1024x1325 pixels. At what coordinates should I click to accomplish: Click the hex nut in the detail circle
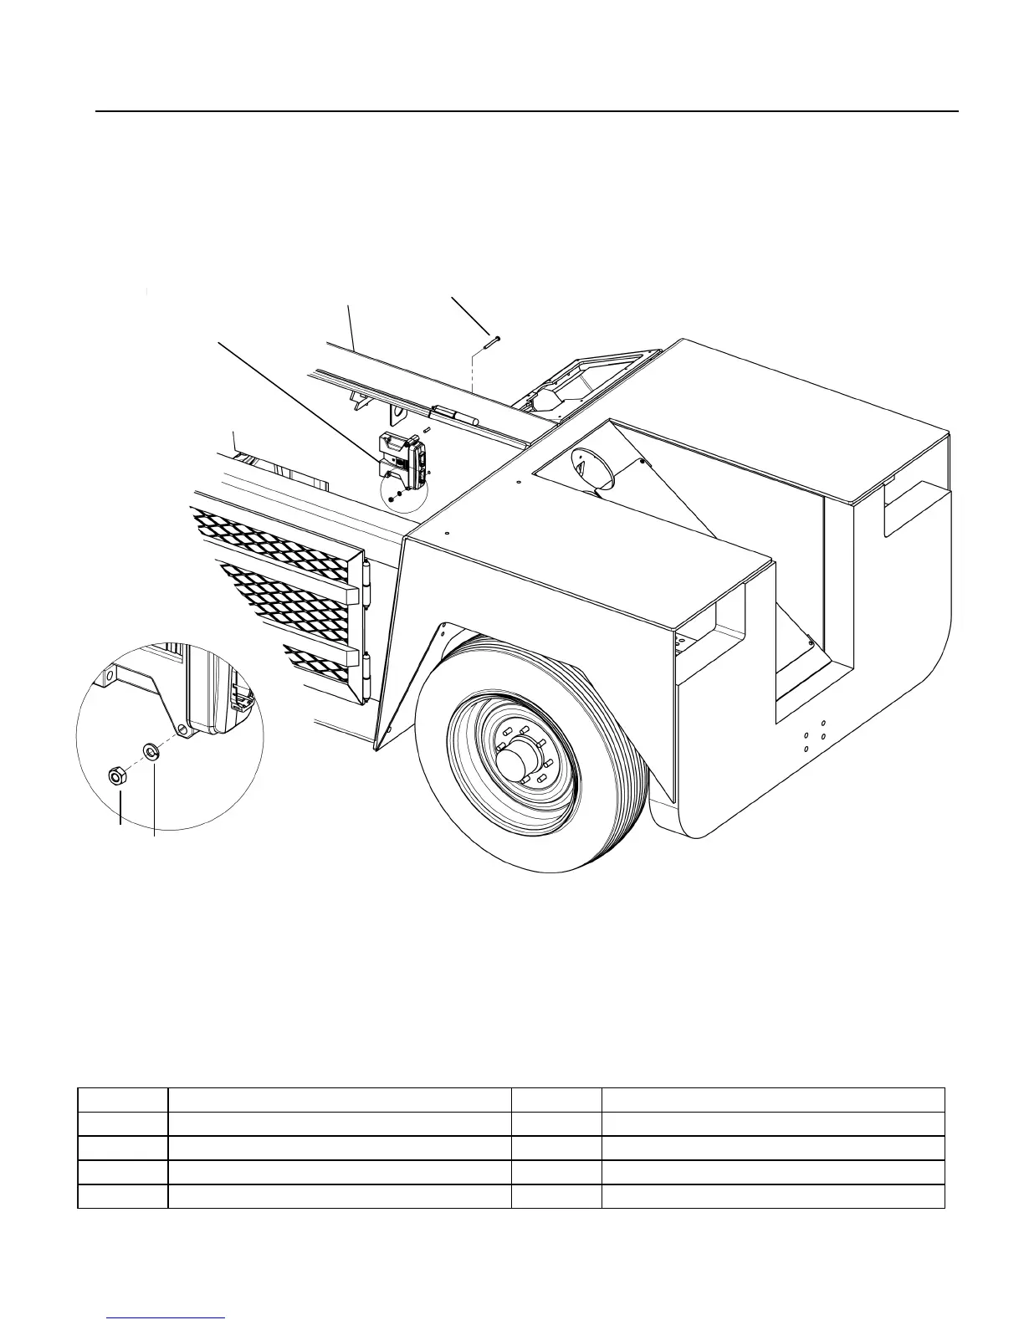[117, 776]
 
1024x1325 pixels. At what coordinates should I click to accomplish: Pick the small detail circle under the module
[404, 491]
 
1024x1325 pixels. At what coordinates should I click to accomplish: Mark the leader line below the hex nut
[119, 808]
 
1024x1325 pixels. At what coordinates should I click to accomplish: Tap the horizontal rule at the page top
[527, 110]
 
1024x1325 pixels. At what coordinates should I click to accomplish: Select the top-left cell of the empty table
[122, 1099]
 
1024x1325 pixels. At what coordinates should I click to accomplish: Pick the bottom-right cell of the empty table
[772, 1196]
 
